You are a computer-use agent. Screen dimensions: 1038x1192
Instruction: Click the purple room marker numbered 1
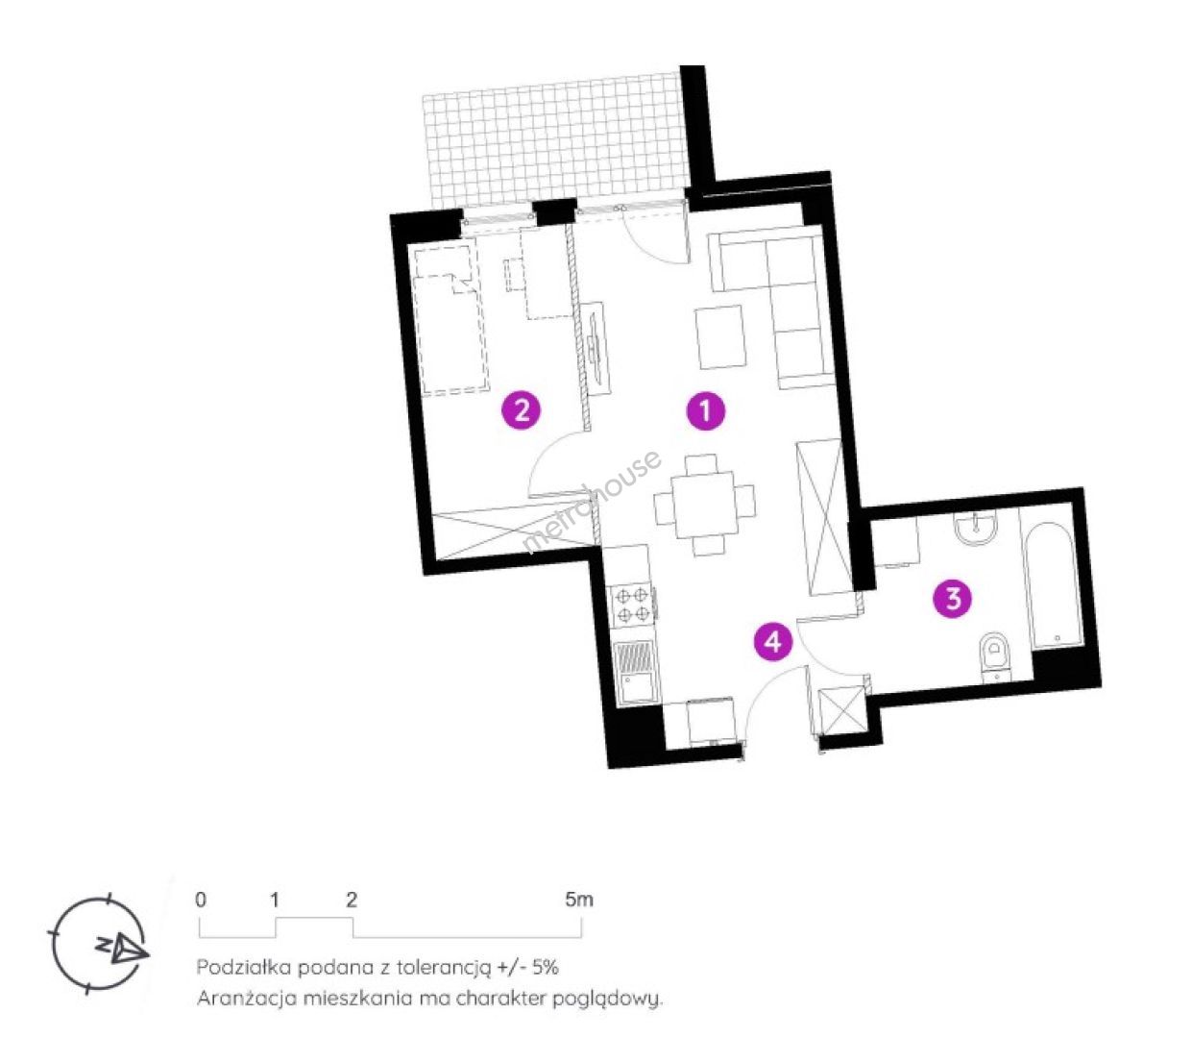click(705, 411)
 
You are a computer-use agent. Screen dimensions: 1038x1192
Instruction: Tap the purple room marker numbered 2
click(522, 411)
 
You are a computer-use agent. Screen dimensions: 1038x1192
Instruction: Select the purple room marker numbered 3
click(953, 599)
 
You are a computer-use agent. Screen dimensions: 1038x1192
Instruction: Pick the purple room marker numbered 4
click(773, 641)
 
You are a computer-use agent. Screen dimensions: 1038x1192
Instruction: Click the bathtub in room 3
click(1053, 582)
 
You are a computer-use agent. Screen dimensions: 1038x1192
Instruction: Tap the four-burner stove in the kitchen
click(631, 603)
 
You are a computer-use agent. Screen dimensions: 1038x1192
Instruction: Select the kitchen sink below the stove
click(633, 673)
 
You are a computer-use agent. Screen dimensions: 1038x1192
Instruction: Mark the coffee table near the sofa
click(721, 336)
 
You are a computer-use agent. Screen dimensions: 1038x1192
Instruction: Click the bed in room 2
click(450, 320)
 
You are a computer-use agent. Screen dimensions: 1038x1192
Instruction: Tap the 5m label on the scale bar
click(578, 901)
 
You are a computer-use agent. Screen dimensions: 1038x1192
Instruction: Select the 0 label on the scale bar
click(200, 901)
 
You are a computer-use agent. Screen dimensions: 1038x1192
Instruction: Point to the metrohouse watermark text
click(592, 501)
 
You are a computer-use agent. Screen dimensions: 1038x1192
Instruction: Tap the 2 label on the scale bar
click(352, 901)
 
